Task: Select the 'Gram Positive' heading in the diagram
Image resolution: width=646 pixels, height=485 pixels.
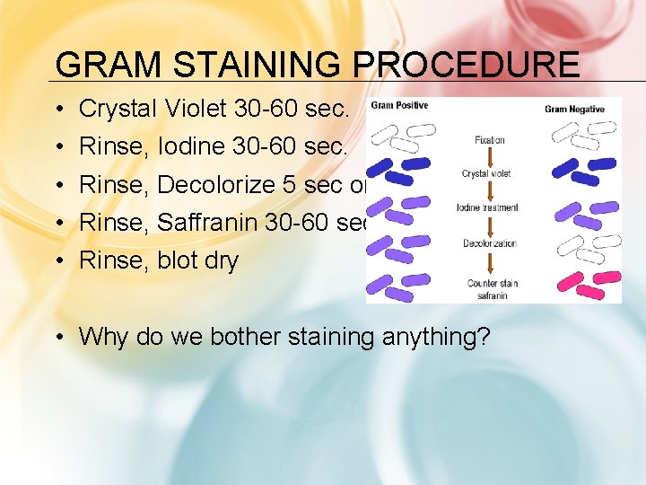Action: pyautogui.click(x=399, y=106)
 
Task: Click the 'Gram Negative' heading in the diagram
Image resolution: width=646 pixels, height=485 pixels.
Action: pyautogui.click(x=574, y=110)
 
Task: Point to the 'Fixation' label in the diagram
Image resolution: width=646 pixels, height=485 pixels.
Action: pyautogui.click(x=489, y=140)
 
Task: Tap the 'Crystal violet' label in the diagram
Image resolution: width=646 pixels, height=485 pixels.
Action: pyautogui.click(x=488, y=173)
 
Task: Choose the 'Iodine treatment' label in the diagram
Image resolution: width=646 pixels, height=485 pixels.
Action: pyautogui.click(x=488, y=207)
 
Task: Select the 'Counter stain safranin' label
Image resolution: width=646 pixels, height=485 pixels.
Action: pyautogui.click(x=493, y=288)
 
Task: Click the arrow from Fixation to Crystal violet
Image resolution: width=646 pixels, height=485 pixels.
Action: pyautogui.click(x=489, y=156)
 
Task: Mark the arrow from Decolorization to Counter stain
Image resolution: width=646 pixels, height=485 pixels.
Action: pyautogui.click(x=489, y=261)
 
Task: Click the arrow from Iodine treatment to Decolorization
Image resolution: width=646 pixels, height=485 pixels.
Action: pyautogui.click(x=489, y=225)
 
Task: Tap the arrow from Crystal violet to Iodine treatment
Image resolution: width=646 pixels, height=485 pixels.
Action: pyautogui.click(x=489, y=190)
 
